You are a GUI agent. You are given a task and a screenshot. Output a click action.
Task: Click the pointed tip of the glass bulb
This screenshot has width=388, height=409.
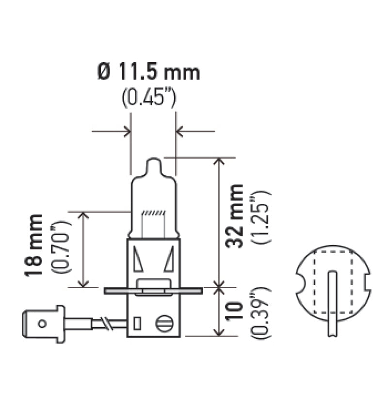pos(153,162)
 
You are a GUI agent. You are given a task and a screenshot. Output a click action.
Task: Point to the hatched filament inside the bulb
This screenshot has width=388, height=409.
pos(153,213)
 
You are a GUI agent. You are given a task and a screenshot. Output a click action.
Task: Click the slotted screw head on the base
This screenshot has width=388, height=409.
pos(162,323)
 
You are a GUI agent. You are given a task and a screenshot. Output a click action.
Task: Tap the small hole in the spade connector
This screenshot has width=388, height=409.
pos(42,323)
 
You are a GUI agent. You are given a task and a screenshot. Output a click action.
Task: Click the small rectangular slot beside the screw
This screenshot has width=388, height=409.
pos(137,323)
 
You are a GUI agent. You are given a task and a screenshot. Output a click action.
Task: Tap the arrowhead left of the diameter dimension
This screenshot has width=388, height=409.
pos(127,131)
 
